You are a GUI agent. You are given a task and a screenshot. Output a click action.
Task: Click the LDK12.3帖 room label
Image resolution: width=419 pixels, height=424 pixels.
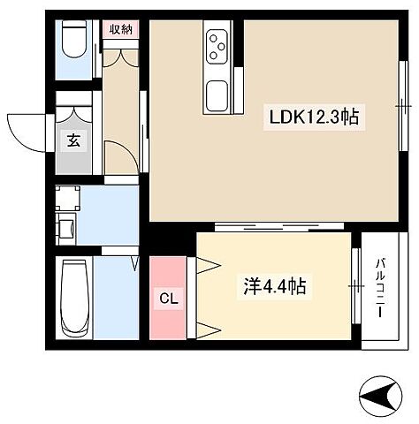[x=314, y=116]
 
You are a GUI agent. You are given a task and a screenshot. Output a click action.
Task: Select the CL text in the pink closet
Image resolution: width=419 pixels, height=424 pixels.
[x=169, y=299]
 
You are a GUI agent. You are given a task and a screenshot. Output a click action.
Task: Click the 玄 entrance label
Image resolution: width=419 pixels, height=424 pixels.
[x=72, y=140]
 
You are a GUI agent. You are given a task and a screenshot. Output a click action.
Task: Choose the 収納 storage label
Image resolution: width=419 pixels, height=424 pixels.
[x=120, y=28]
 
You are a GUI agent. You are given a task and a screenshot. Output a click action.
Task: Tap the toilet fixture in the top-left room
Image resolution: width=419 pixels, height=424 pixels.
[x=72, y=41]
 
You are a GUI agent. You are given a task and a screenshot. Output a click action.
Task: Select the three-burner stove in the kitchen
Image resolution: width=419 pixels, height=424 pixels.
[x=217, y=48]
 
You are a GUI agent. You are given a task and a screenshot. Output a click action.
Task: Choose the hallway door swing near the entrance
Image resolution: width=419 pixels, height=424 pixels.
[x=120, y=159]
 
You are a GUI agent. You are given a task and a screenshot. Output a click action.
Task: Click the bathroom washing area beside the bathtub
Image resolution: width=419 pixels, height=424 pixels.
[x=113, y=300]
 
